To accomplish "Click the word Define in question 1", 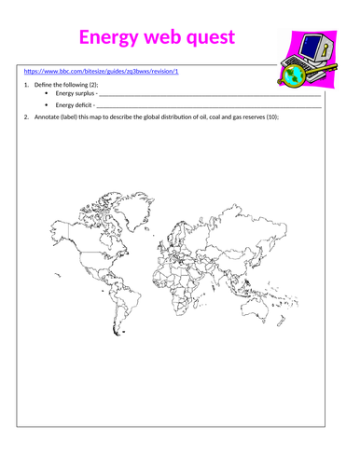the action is [x=40, y=84].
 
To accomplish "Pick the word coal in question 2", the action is [x=210, y=117].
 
